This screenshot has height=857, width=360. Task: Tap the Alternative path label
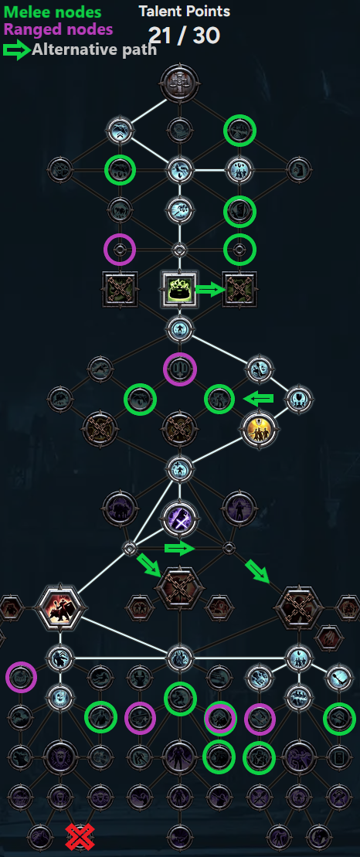pos(94,49)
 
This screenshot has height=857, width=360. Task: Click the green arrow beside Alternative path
pos(17,50)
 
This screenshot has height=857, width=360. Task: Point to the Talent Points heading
pos(184,11)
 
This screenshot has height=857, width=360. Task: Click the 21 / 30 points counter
pos(184,36)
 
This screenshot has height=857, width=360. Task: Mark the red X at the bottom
pos(80,836)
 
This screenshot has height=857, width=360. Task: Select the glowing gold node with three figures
pos(256,429)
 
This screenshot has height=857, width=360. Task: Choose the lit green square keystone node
pos(179,288)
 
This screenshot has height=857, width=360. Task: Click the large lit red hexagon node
pos(60,607)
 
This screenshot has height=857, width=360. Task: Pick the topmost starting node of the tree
pos(179,83)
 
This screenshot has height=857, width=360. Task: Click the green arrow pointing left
pos(258,399)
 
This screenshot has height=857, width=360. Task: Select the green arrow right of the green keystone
pos(210,290)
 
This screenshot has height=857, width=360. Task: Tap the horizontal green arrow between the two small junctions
pos(180,548)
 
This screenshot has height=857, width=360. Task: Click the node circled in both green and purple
pos(221,718)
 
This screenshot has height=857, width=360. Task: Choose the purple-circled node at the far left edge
pos(21,677)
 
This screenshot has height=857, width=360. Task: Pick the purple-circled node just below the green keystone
pos(179,369)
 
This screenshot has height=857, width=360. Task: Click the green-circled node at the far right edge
pos(339,719)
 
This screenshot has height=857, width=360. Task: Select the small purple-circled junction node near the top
pos(119,250)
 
